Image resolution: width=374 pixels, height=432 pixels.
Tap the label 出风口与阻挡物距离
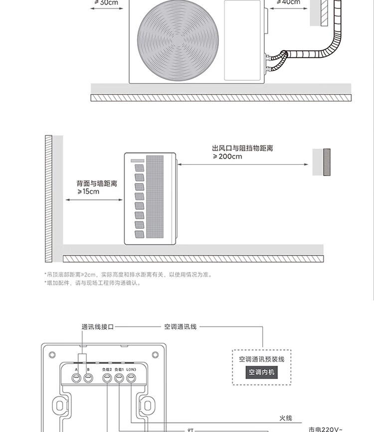(242, 149)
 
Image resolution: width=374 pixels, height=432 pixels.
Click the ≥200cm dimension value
(227, 157)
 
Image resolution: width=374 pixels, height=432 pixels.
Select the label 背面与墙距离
(97, 184)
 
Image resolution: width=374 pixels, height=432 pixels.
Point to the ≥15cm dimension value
(88, 192)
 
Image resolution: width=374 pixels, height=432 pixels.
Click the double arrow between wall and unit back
(94, 200)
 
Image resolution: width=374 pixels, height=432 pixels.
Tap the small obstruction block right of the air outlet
(327, 162)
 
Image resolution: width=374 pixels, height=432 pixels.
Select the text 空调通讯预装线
(262, 359)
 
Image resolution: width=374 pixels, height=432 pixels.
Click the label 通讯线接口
(98, 327)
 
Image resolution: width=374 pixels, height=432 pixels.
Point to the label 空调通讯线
(181, 327)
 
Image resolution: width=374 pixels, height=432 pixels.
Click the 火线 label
(285, 418)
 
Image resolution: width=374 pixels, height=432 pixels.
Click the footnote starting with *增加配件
(93, 283)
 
